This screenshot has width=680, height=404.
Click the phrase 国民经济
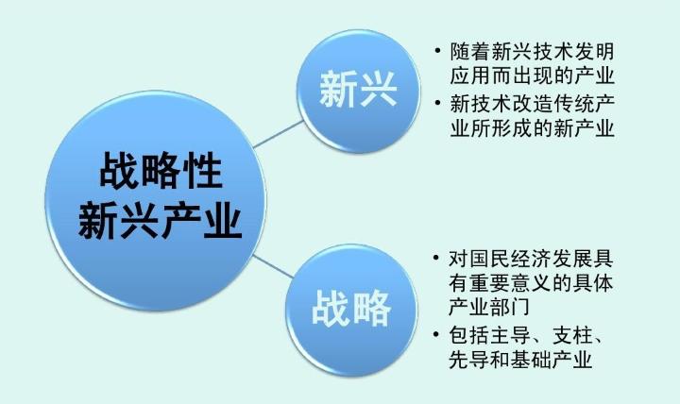[509, 258]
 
